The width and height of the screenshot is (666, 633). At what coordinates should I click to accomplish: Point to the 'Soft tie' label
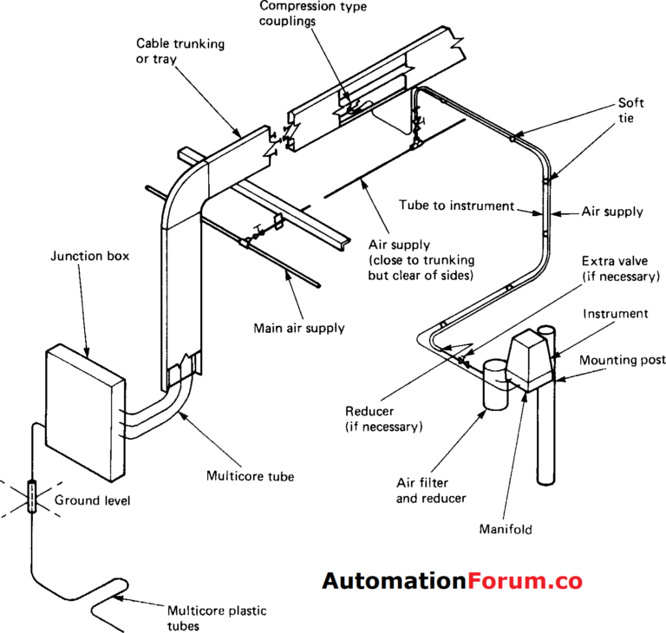[630, 111]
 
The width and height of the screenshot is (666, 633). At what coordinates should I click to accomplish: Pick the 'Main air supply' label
[298, 328]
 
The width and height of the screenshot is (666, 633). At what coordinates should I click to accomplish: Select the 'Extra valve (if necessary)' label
[620, 268]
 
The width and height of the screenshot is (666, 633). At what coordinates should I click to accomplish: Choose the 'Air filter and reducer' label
[432, 490]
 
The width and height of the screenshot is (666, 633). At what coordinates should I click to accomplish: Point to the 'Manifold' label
[505, 528]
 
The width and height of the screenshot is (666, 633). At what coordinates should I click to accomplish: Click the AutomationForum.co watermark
[452, 581]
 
